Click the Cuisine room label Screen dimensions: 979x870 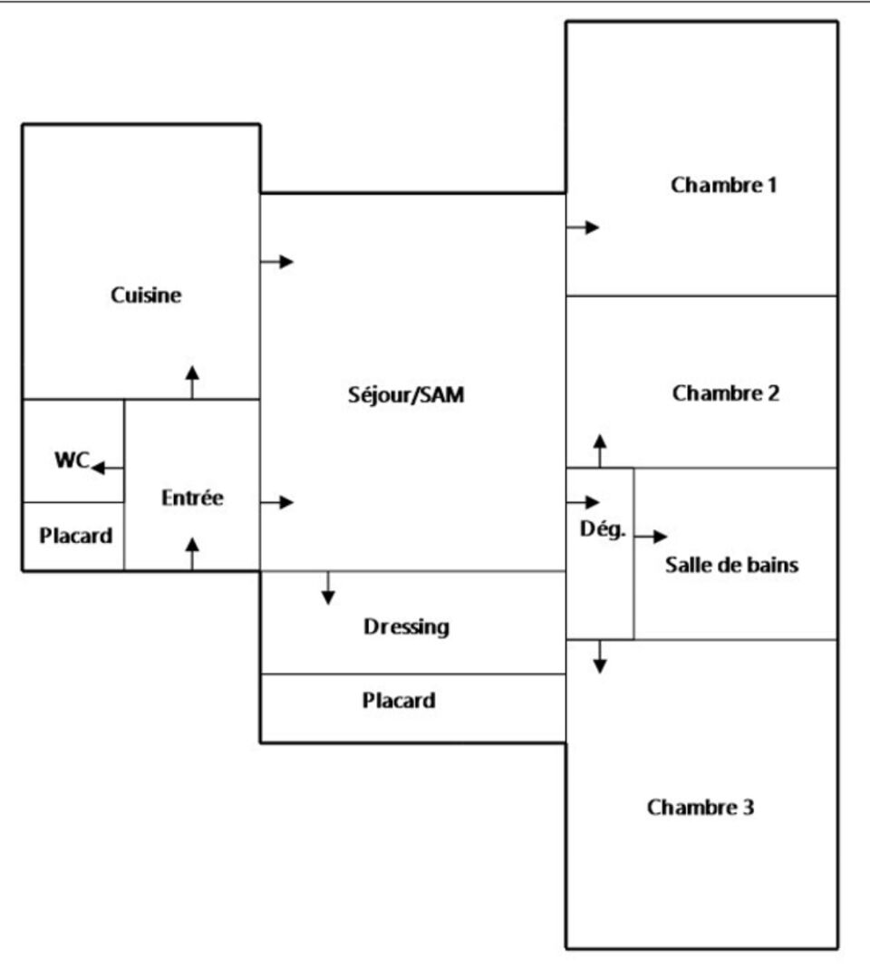pyautogui.click(x=146, y=296)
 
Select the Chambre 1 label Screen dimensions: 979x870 pyautogui.click(x=724, y=185)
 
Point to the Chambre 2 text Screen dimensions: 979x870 pyautogui.click(x=726, y=393)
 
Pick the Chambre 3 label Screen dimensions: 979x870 pyautogui.click(x=700, y=807)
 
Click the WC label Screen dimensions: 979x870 pyautogui.click(x=70, y=460)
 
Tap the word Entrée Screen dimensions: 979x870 pyautogui.click(x=192, y=498)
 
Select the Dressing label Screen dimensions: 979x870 pyautogui.click(x=406, y=626)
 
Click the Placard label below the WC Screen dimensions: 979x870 pyautogui.click(x=76, y=535)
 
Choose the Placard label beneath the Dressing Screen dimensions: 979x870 pyautogui.click(x=399, y=701)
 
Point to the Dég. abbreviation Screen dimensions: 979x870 pyautogui.click(x=603, y=529)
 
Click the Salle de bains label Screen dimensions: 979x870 pyautogui.click(x=732, y=565)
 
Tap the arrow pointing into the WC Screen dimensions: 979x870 pyautogui.click(x=108, y=468)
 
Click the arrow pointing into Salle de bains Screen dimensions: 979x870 pyautogui.click(x=651, y=537)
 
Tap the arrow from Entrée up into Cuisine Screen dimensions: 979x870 pyautogui.click(x=191, y=382)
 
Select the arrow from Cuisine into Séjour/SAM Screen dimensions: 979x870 pyautogui.click(x=277, y=262)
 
